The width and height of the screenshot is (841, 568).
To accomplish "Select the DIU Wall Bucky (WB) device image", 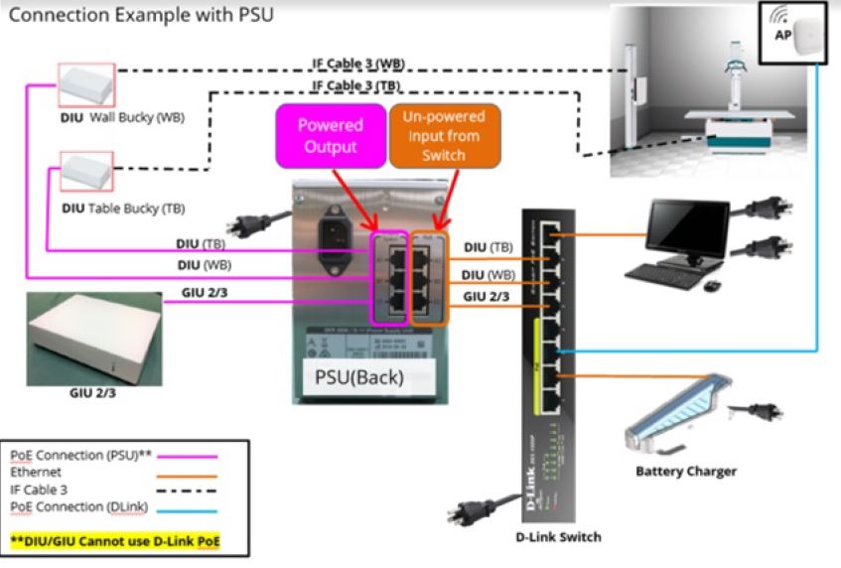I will tap(87, 84).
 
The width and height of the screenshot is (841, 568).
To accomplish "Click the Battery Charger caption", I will tap(686, 471).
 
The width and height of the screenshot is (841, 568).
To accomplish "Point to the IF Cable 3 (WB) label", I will tap(358, 65).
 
